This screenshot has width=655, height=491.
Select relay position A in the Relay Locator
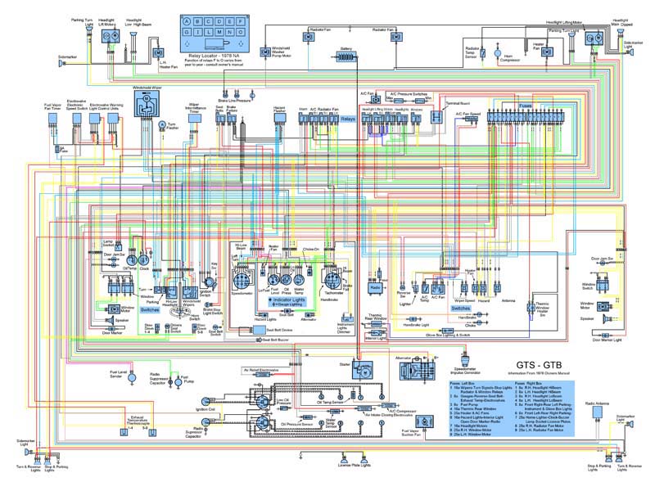pyautogui.click(x=189, y=21)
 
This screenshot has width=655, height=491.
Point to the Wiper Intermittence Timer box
pyautogui.click(x=196, y=118)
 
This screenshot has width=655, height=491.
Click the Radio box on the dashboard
pyautogui.click(x=375, y=288)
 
